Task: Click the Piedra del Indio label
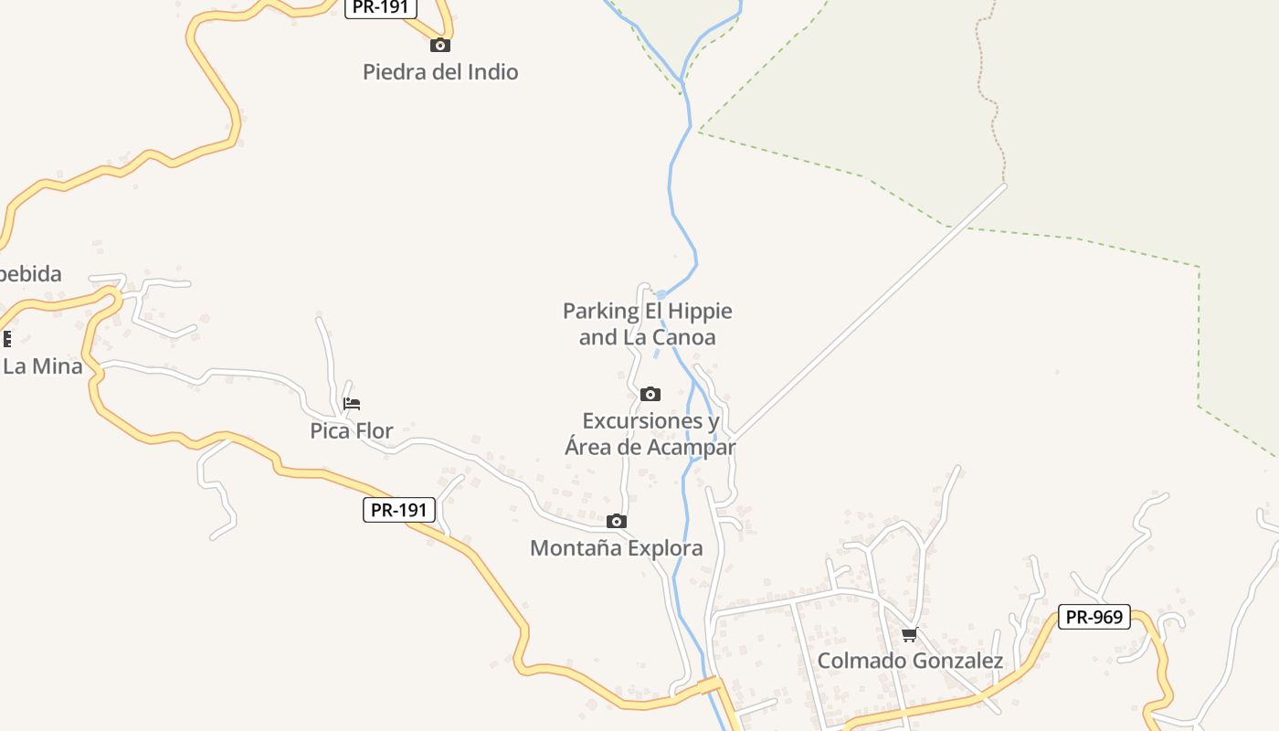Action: [440, 72]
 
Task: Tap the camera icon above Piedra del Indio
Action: [440, 45]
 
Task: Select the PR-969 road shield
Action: [1094, 617]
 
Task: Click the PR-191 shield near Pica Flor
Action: [399, 510]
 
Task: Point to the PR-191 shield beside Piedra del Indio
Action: [381, 7]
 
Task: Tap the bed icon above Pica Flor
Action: [352, 403]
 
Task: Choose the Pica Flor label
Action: [352, 430]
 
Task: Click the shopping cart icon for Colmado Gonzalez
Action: [909, 634]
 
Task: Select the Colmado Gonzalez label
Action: [910, 661]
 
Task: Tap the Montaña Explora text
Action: [617, 548]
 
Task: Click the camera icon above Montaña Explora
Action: [617, 521]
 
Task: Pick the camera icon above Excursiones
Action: [650, 394]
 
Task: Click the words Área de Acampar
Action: [650, 448]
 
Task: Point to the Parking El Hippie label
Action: [648, 312]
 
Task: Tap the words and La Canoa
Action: [648, 337]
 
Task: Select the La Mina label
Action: [43, 366]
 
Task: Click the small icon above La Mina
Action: [6, 339]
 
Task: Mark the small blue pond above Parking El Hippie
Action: [661, 294]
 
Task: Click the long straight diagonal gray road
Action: [868, 312]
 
